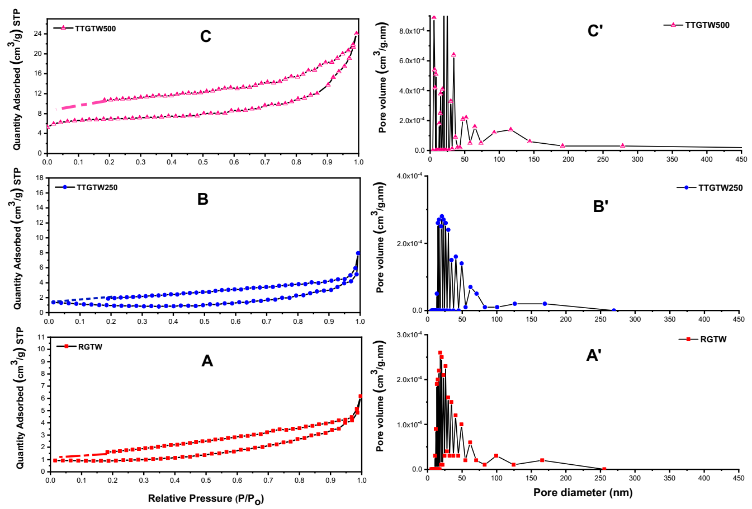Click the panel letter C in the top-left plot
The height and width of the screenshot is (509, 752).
coord(206,37)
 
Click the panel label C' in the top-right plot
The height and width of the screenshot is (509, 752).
coord(594,31)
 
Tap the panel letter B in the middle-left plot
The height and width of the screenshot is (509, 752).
coord(203,200)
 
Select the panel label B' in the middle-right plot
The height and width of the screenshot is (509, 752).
coord(600,206)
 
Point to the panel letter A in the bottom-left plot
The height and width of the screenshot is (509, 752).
coord(207,361)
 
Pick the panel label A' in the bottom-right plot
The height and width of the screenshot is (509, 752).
coord(593,355)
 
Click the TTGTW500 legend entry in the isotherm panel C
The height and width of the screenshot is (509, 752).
coord(95,29)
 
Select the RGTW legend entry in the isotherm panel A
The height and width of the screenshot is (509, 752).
coord(90,347)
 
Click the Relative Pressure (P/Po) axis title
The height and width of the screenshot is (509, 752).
coord(205,498)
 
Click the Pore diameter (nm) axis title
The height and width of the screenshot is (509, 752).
coord(583,493)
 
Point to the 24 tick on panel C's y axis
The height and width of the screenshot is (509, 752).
coord(37,34)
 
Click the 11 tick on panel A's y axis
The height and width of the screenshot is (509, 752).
coord(40,337)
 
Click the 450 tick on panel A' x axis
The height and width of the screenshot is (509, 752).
coord(739,478)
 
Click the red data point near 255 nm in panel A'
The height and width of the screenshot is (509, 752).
coord(603,469)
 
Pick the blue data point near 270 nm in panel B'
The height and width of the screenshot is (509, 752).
coord(614,310)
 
